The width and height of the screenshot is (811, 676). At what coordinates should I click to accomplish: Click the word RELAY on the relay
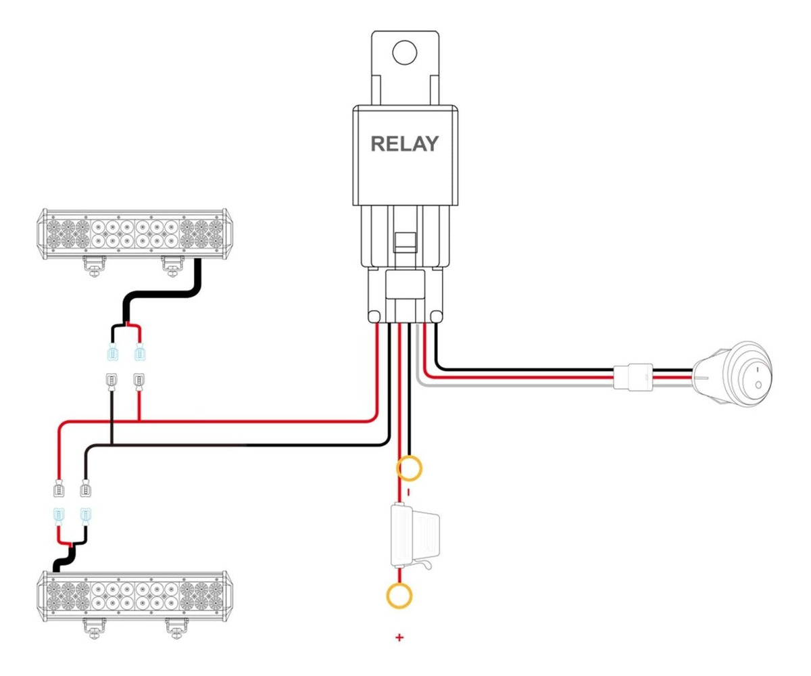(404, 144)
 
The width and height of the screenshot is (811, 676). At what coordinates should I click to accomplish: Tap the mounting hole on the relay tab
(404, 53)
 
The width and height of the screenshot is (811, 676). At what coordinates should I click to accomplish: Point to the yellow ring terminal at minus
(410, 468)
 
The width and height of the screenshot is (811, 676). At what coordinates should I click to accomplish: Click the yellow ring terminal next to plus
(399, 596)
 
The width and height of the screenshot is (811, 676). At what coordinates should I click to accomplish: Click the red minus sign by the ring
(407, 492)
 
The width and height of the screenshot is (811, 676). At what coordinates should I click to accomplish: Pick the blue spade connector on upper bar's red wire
(140, 353)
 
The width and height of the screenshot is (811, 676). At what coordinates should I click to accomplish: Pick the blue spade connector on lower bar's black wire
(85, 518)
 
